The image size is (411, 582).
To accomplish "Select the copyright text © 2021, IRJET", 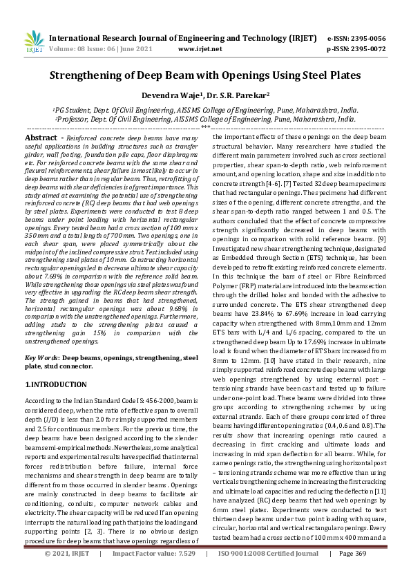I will click(x=67, y=573).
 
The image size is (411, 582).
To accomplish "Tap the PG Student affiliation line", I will click(x=205, y=109).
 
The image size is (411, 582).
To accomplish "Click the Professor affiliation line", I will click(x=205, y=119).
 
